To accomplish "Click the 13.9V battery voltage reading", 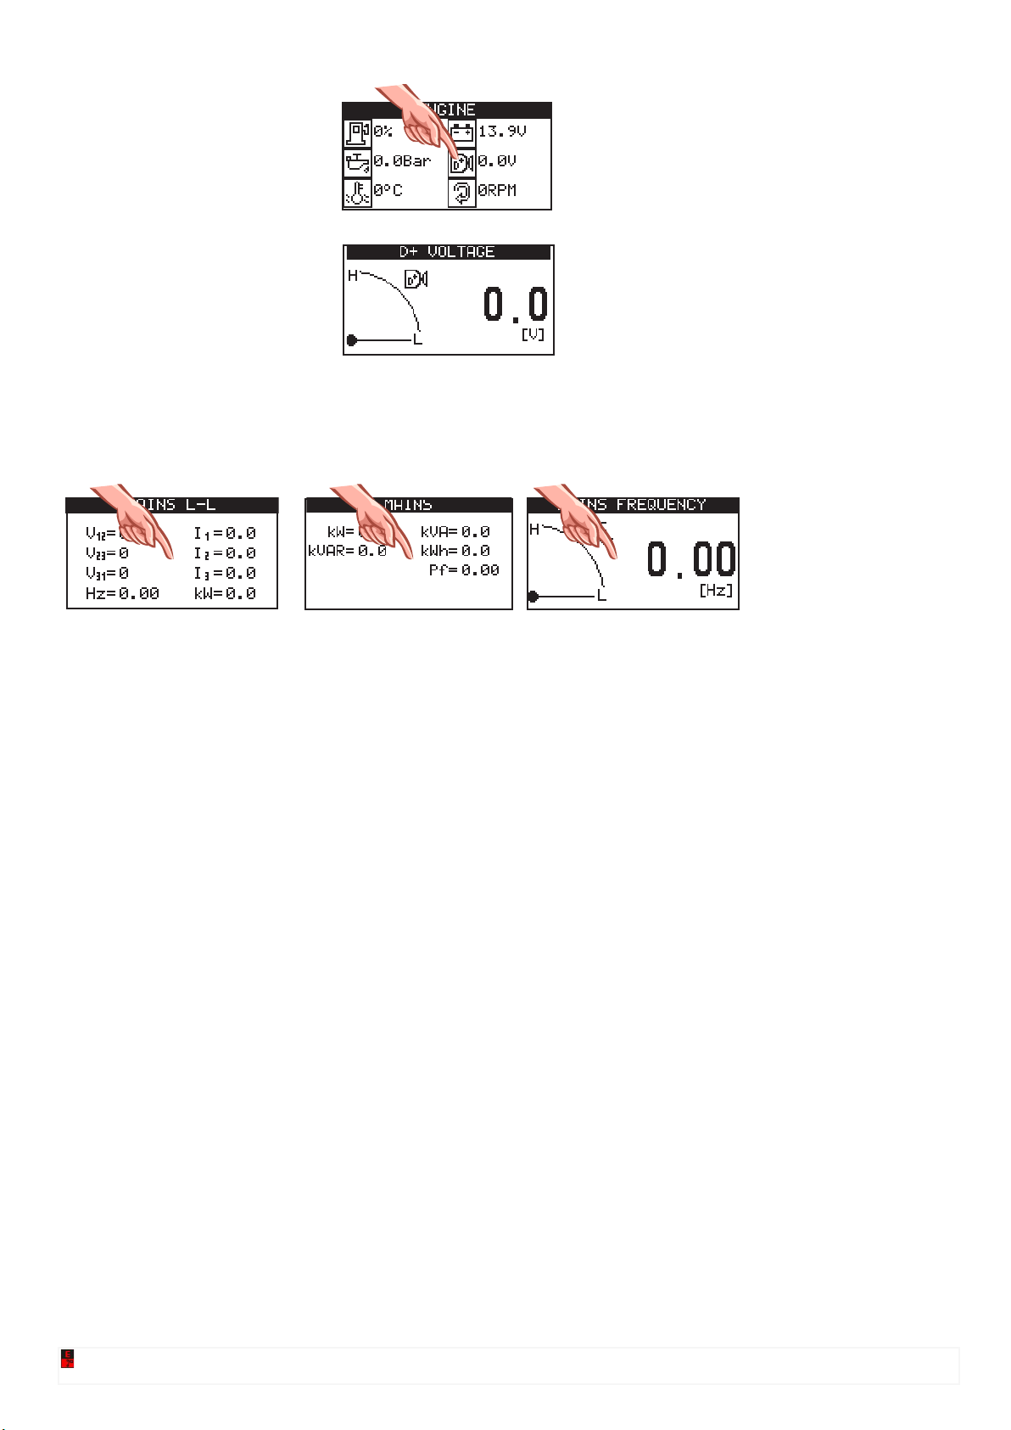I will click(502, 132).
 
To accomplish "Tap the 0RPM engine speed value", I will click(497, 191).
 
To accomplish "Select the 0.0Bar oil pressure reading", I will click(403, 161).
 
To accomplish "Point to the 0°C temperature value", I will click(388, 191).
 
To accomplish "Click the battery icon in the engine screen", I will click(462, 132).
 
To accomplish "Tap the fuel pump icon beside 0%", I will click(357, 133).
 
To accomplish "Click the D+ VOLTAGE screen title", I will click(447, 252).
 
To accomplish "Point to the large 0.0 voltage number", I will click(516, 305).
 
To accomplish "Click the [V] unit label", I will click(533, 335).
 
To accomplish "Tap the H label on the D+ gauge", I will click(353, 276).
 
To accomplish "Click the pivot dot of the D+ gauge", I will click(352, 340).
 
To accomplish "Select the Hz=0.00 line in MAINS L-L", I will click(122, 594).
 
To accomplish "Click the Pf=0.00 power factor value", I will click(464, 570).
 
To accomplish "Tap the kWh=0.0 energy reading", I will click(455, 551).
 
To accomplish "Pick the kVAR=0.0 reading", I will click(348, 551).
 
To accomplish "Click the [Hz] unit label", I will click(717, 591).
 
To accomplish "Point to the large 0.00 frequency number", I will click(691, 560).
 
